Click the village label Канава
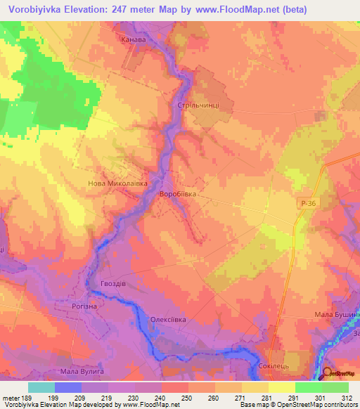point(134,41)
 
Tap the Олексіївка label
point(169,320)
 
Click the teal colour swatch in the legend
point(41,387)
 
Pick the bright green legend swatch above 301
point(308,387)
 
